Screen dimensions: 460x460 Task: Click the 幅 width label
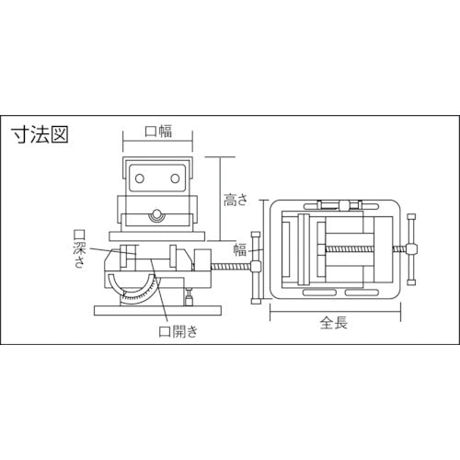240,249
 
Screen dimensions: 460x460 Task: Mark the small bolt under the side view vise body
189,296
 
